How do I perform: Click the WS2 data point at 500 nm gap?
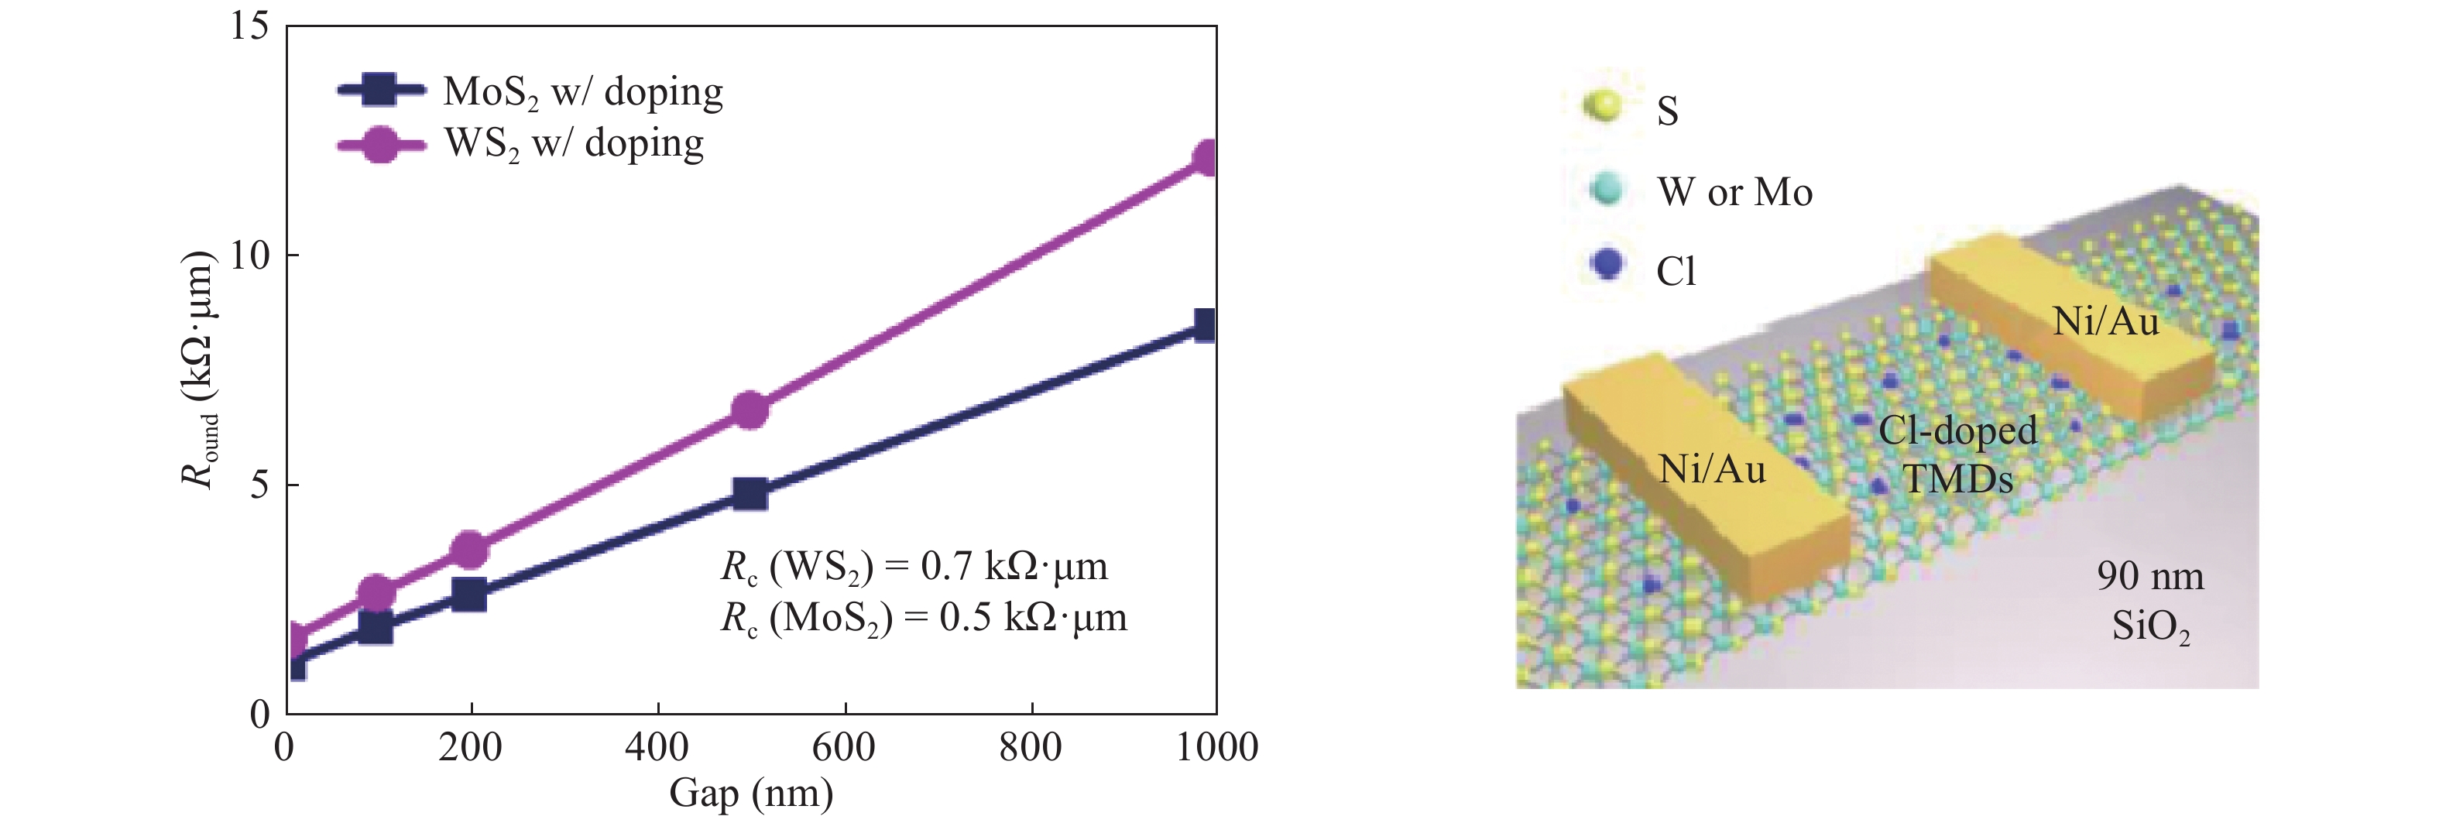(x=750, y=409)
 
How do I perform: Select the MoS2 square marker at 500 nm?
(x=750, y=493)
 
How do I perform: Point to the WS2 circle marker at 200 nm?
(x=470, y=549)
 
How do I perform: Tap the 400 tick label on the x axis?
(x=657, y=747)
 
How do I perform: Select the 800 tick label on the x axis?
(x=1030, y=747)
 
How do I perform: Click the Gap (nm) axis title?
(x=751, y=793)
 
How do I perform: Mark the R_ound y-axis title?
(x=199, y=369)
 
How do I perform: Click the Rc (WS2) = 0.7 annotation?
(x=914, y=567)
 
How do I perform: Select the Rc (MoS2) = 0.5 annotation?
(x=923, y=618)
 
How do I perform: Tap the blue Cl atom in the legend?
(x=1607, y=264)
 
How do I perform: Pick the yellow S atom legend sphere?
(x=1603, y=107)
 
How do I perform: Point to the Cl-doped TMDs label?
(x=1957, y=454)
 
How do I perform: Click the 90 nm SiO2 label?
(x=2150, y=601)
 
